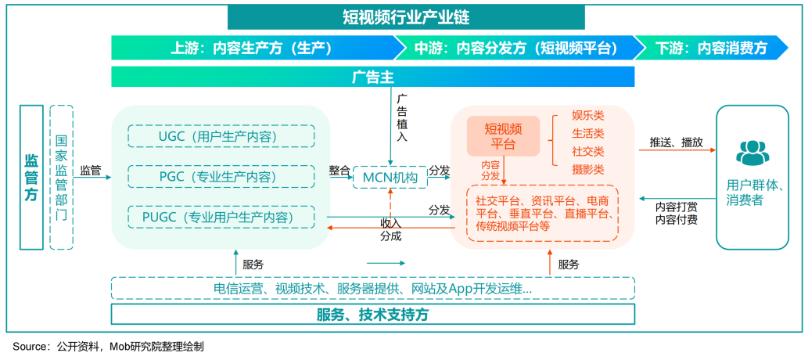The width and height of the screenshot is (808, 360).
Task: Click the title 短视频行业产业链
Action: (x=406, y=17)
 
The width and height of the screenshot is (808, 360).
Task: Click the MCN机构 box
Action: (x=390, y=178)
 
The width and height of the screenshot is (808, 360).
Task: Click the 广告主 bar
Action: (x=372, y=77)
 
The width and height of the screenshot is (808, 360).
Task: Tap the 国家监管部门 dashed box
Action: (x=61, y=177)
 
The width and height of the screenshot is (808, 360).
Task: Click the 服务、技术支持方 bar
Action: (x=372, y=315)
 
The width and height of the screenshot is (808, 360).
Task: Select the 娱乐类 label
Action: (x=588, y=117)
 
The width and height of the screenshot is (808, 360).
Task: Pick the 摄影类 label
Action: (x=588, y=169)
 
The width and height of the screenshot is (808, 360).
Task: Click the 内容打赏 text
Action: (x=677, y=207)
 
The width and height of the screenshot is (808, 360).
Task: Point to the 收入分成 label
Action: (x=391, y=229)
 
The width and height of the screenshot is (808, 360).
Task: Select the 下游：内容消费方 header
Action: (x=711, y=48)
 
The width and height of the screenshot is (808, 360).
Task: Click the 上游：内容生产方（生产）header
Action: (x=252, y=48)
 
